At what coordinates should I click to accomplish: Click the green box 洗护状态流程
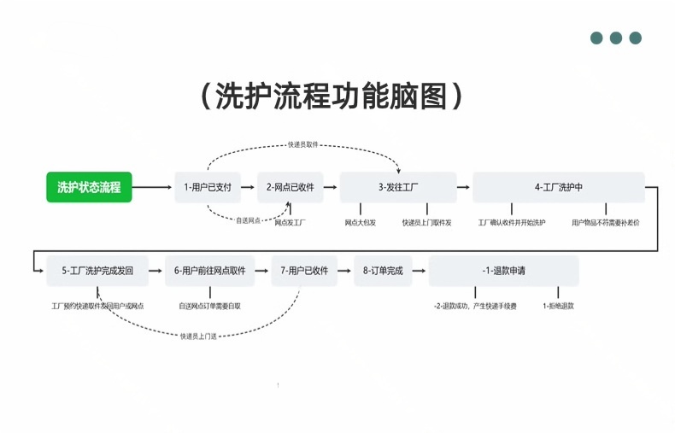coord(89,187)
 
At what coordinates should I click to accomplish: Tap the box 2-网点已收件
coord(291,187)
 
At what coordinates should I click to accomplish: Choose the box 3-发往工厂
coord(397,187)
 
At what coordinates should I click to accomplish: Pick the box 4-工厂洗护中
coord(558,187)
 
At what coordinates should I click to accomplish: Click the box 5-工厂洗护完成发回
coord(97,271)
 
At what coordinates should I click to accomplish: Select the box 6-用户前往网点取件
coord(209,271)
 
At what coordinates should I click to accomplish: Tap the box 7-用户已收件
coord(304,271)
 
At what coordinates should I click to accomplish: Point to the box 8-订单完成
coord(382,271)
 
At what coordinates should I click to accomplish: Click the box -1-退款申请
coord(503,271)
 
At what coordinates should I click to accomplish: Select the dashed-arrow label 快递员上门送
coord(198,336)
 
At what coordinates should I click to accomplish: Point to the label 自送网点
coord(249,220)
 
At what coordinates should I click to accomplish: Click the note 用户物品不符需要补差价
coord(605,222)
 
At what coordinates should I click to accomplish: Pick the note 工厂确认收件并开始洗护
coord(512,222)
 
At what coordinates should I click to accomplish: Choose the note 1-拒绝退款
coord(558,305)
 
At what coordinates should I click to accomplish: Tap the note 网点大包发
coord(361,222)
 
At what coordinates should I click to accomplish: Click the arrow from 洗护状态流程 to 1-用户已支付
coord(152,187)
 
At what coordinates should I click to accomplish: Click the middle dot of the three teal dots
coord(615,38)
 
